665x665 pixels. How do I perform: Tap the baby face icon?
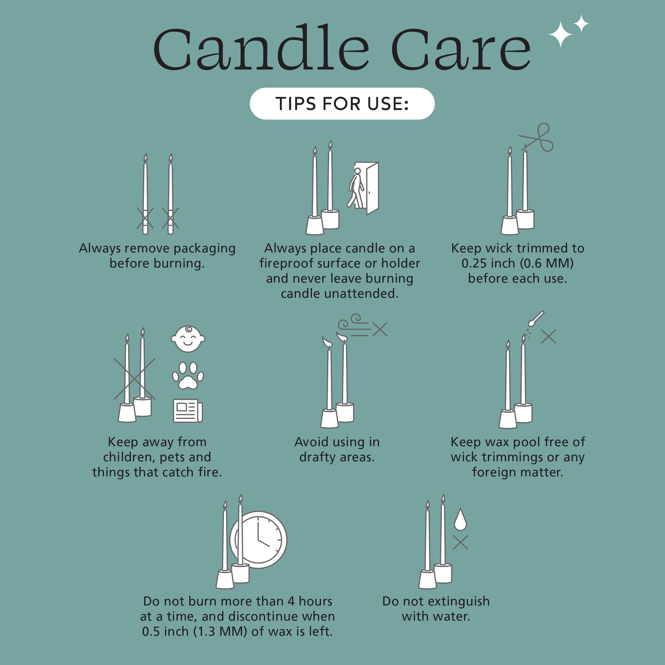tap(188, 339)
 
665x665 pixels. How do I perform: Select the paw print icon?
tap(188, 375)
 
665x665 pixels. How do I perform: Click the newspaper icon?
tap(188, 410)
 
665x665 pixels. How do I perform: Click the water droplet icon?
tap(460, 519)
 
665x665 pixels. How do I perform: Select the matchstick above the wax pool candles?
tap(536, 318)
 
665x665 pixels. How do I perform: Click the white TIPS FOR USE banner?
tap(342, 104)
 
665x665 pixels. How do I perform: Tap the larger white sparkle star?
tap(561, 34)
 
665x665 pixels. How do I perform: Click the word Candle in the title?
tap(261, 47)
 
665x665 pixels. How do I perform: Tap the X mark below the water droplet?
tap(460, 543)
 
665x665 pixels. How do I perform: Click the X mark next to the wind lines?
tap(380, 329)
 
